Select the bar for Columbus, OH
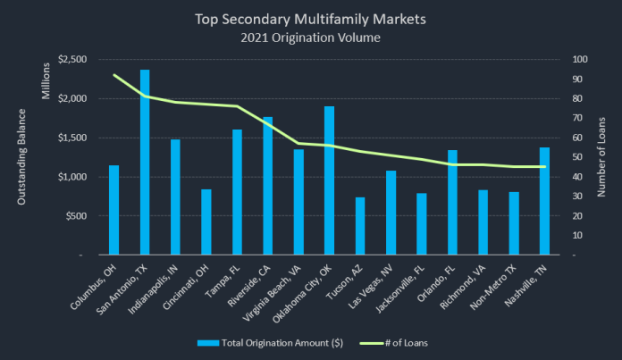(x=113, y=210)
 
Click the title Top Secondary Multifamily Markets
(x=310, y=17)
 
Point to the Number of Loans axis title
(x=603, y=157)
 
